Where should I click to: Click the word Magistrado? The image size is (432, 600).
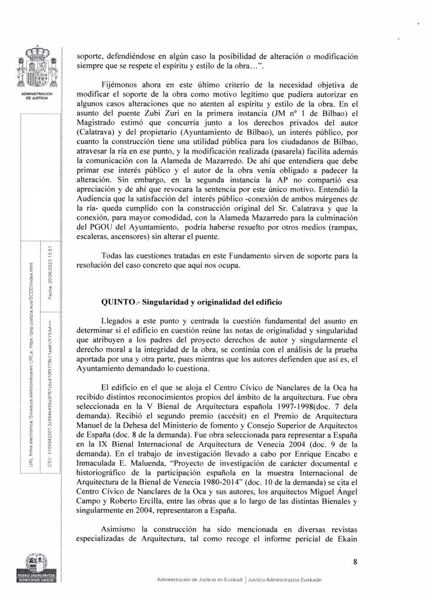click(100, 135)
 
